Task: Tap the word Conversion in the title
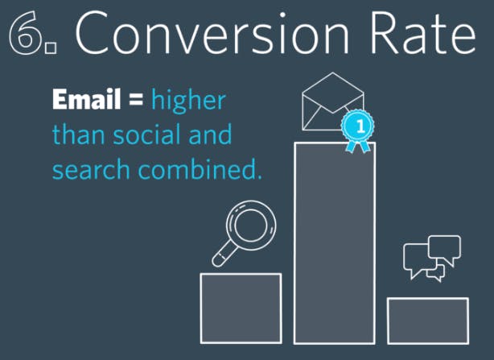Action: pyautogui.click(x=212, y=33)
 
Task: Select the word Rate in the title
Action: pyautogui.click(x=423, y=33)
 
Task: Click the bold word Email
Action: pyautogui.click(x=87, y=99)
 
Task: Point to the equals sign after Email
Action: pyautogui.click(x=136, y=100)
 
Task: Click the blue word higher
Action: pyautogui.click(x=188, y=100)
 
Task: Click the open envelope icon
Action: pyautogui.click(x=333, y=101)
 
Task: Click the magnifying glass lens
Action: pyautogui.click(x=251, y=226)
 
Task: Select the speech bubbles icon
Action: pyautogui.click(x=432, y=258)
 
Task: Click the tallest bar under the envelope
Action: pyautogui.click(x=335, y=243)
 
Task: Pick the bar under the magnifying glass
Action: pyautogui.click(x=241, y=308)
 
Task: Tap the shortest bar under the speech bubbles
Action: pyautogui.click(x=428, y=321)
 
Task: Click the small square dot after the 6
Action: pyautogui.click(x=51, y=48)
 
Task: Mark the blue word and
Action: pyautogui.click(x=210, y=134)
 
